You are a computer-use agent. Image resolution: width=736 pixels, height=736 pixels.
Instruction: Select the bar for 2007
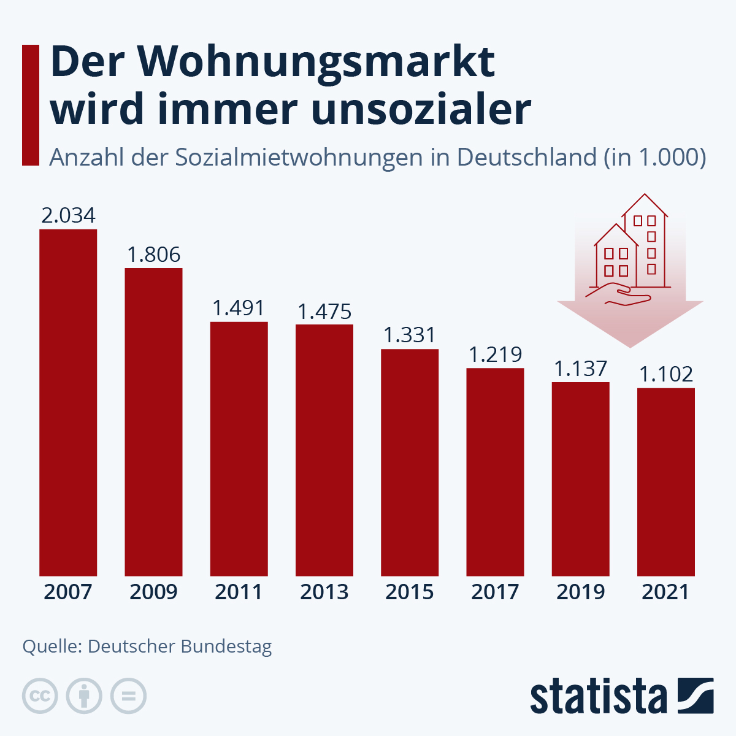(x=68, y=402)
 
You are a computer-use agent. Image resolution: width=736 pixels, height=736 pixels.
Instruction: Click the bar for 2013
(x=324, y=450)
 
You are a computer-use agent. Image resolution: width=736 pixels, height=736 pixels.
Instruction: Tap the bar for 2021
(x=666, y=481)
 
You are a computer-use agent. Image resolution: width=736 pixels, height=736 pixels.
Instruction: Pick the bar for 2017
(x=495, y=472)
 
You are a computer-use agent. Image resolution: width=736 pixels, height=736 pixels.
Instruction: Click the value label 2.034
(x=68, y=215)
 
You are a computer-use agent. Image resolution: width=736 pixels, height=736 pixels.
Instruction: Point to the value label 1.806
(x=153, y=255)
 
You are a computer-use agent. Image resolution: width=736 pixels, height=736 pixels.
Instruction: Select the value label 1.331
(x=410, y=335)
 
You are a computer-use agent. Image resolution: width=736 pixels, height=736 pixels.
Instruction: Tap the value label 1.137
(x=581, y=369)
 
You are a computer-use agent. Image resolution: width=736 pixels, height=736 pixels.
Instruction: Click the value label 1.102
(x=666, y=374)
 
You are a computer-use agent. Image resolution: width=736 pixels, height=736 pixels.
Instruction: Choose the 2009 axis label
(x=153, y=592)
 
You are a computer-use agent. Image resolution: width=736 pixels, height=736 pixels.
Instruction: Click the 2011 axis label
(x=239, y=592)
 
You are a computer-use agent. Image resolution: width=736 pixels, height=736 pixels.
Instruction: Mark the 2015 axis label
(x=410, y=592)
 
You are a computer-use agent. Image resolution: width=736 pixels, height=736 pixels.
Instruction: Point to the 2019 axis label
(x=581, y=592)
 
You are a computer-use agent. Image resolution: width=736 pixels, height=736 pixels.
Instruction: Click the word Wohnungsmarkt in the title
(x=318, y=63)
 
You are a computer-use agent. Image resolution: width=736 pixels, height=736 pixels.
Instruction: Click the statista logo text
(x=598, y=697)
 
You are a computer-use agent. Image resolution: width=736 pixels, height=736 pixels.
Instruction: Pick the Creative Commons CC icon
(x=40, y=696)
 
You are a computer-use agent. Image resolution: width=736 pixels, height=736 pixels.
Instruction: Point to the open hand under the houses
(x=618, y=295)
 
